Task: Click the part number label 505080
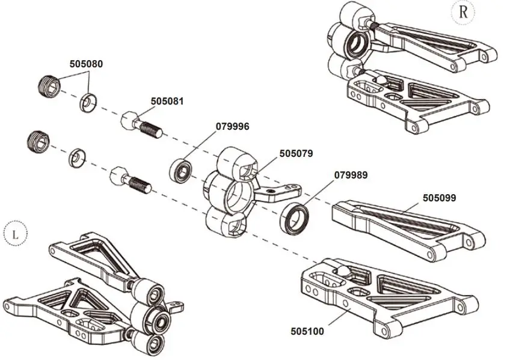point(86,63)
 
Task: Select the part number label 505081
point(167,101)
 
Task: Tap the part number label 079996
point(232,126)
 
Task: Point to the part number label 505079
point(296,153)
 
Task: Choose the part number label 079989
point(351,175)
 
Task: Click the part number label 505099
point(439,197)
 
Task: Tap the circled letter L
point(16,234)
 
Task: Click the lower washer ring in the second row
point(78,157)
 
